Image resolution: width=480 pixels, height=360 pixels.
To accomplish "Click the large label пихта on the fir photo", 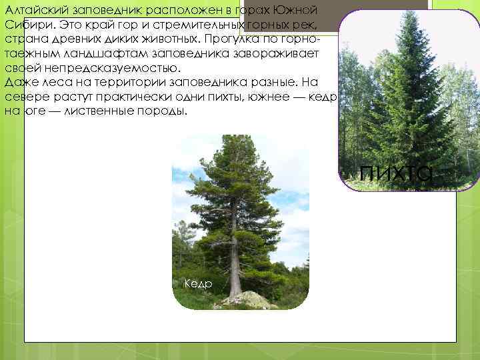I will coord(396,172).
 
